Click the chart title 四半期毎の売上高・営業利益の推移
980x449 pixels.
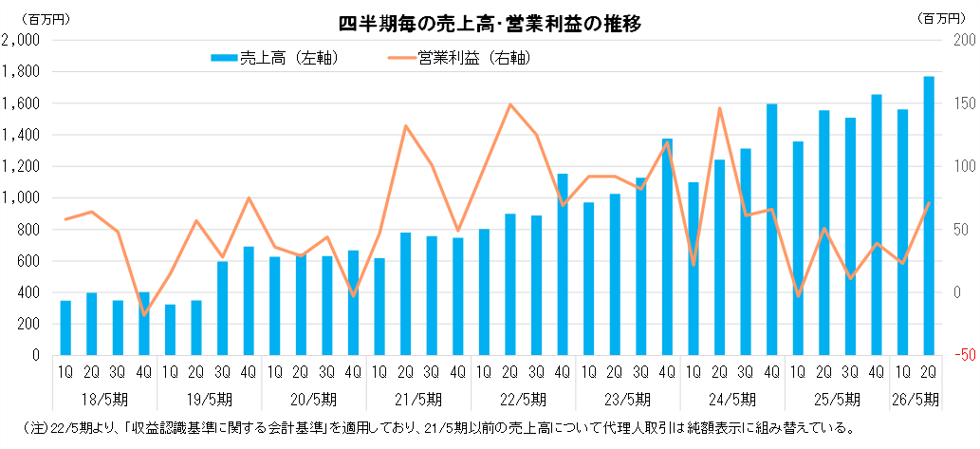click(x=490, y=24)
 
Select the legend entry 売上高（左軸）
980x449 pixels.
click(x=275, y=58)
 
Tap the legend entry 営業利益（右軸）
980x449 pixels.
click(x=460, y=58)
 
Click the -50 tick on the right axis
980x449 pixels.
click(x=963, y=355)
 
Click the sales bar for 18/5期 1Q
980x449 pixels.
click(x=65, y=327)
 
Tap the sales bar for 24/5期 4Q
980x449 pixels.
click(x=772, y=229)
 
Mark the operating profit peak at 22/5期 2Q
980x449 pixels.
click(x=510, y=104)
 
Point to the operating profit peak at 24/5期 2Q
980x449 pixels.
click(x=720, y=108)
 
